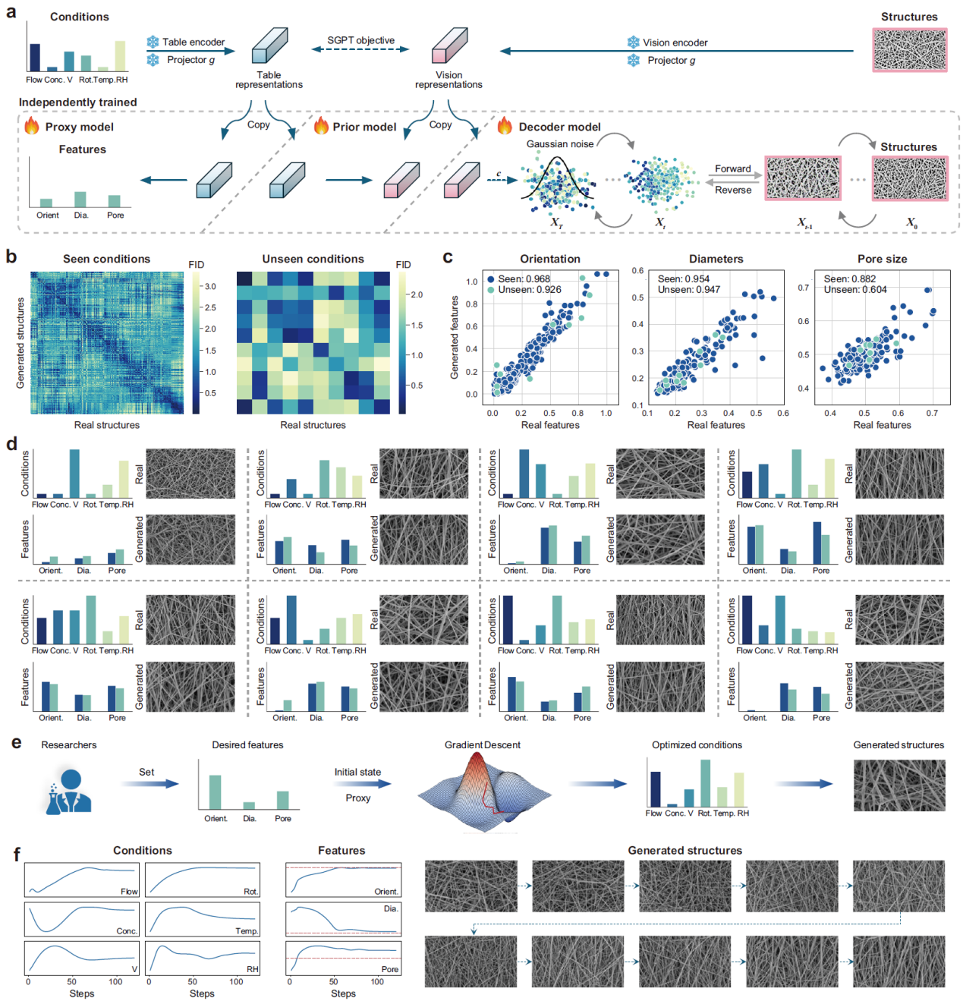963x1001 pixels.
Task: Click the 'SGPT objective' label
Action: point(360,40)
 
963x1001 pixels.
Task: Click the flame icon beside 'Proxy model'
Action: point(32,126)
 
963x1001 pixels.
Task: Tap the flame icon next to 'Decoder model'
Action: point(505,126)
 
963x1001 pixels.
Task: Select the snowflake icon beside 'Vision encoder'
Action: point(633,42)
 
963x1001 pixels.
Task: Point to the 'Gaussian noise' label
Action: point(560,143)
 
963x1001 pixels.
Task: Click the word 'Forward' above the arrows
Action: point(732,168)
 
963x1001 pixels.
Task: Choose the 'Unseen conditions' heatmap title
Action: point(313,259)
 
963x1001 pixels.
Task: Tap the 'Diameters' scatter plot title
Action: point(716,259)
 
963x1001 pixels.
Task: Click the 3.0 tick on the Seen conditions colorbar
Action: point(210,286)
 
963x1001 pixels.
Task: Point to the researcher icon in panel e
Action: point(69,791)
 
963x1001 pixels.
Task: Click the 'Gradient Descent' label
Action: point(482,744)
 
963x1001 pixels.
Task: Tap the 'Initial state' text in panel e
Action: point(357,772)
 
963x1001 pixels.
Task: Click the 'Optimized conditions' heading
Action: point(697,744)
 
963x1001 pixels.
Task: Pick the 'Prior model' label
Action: point(364,127)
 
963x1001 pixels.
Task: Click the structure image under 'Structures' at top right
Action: point(909,50)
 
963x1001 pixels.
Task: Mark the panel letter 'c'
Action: point(448,257)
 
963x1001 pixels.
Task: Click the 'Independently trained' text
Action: point(78,102)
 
